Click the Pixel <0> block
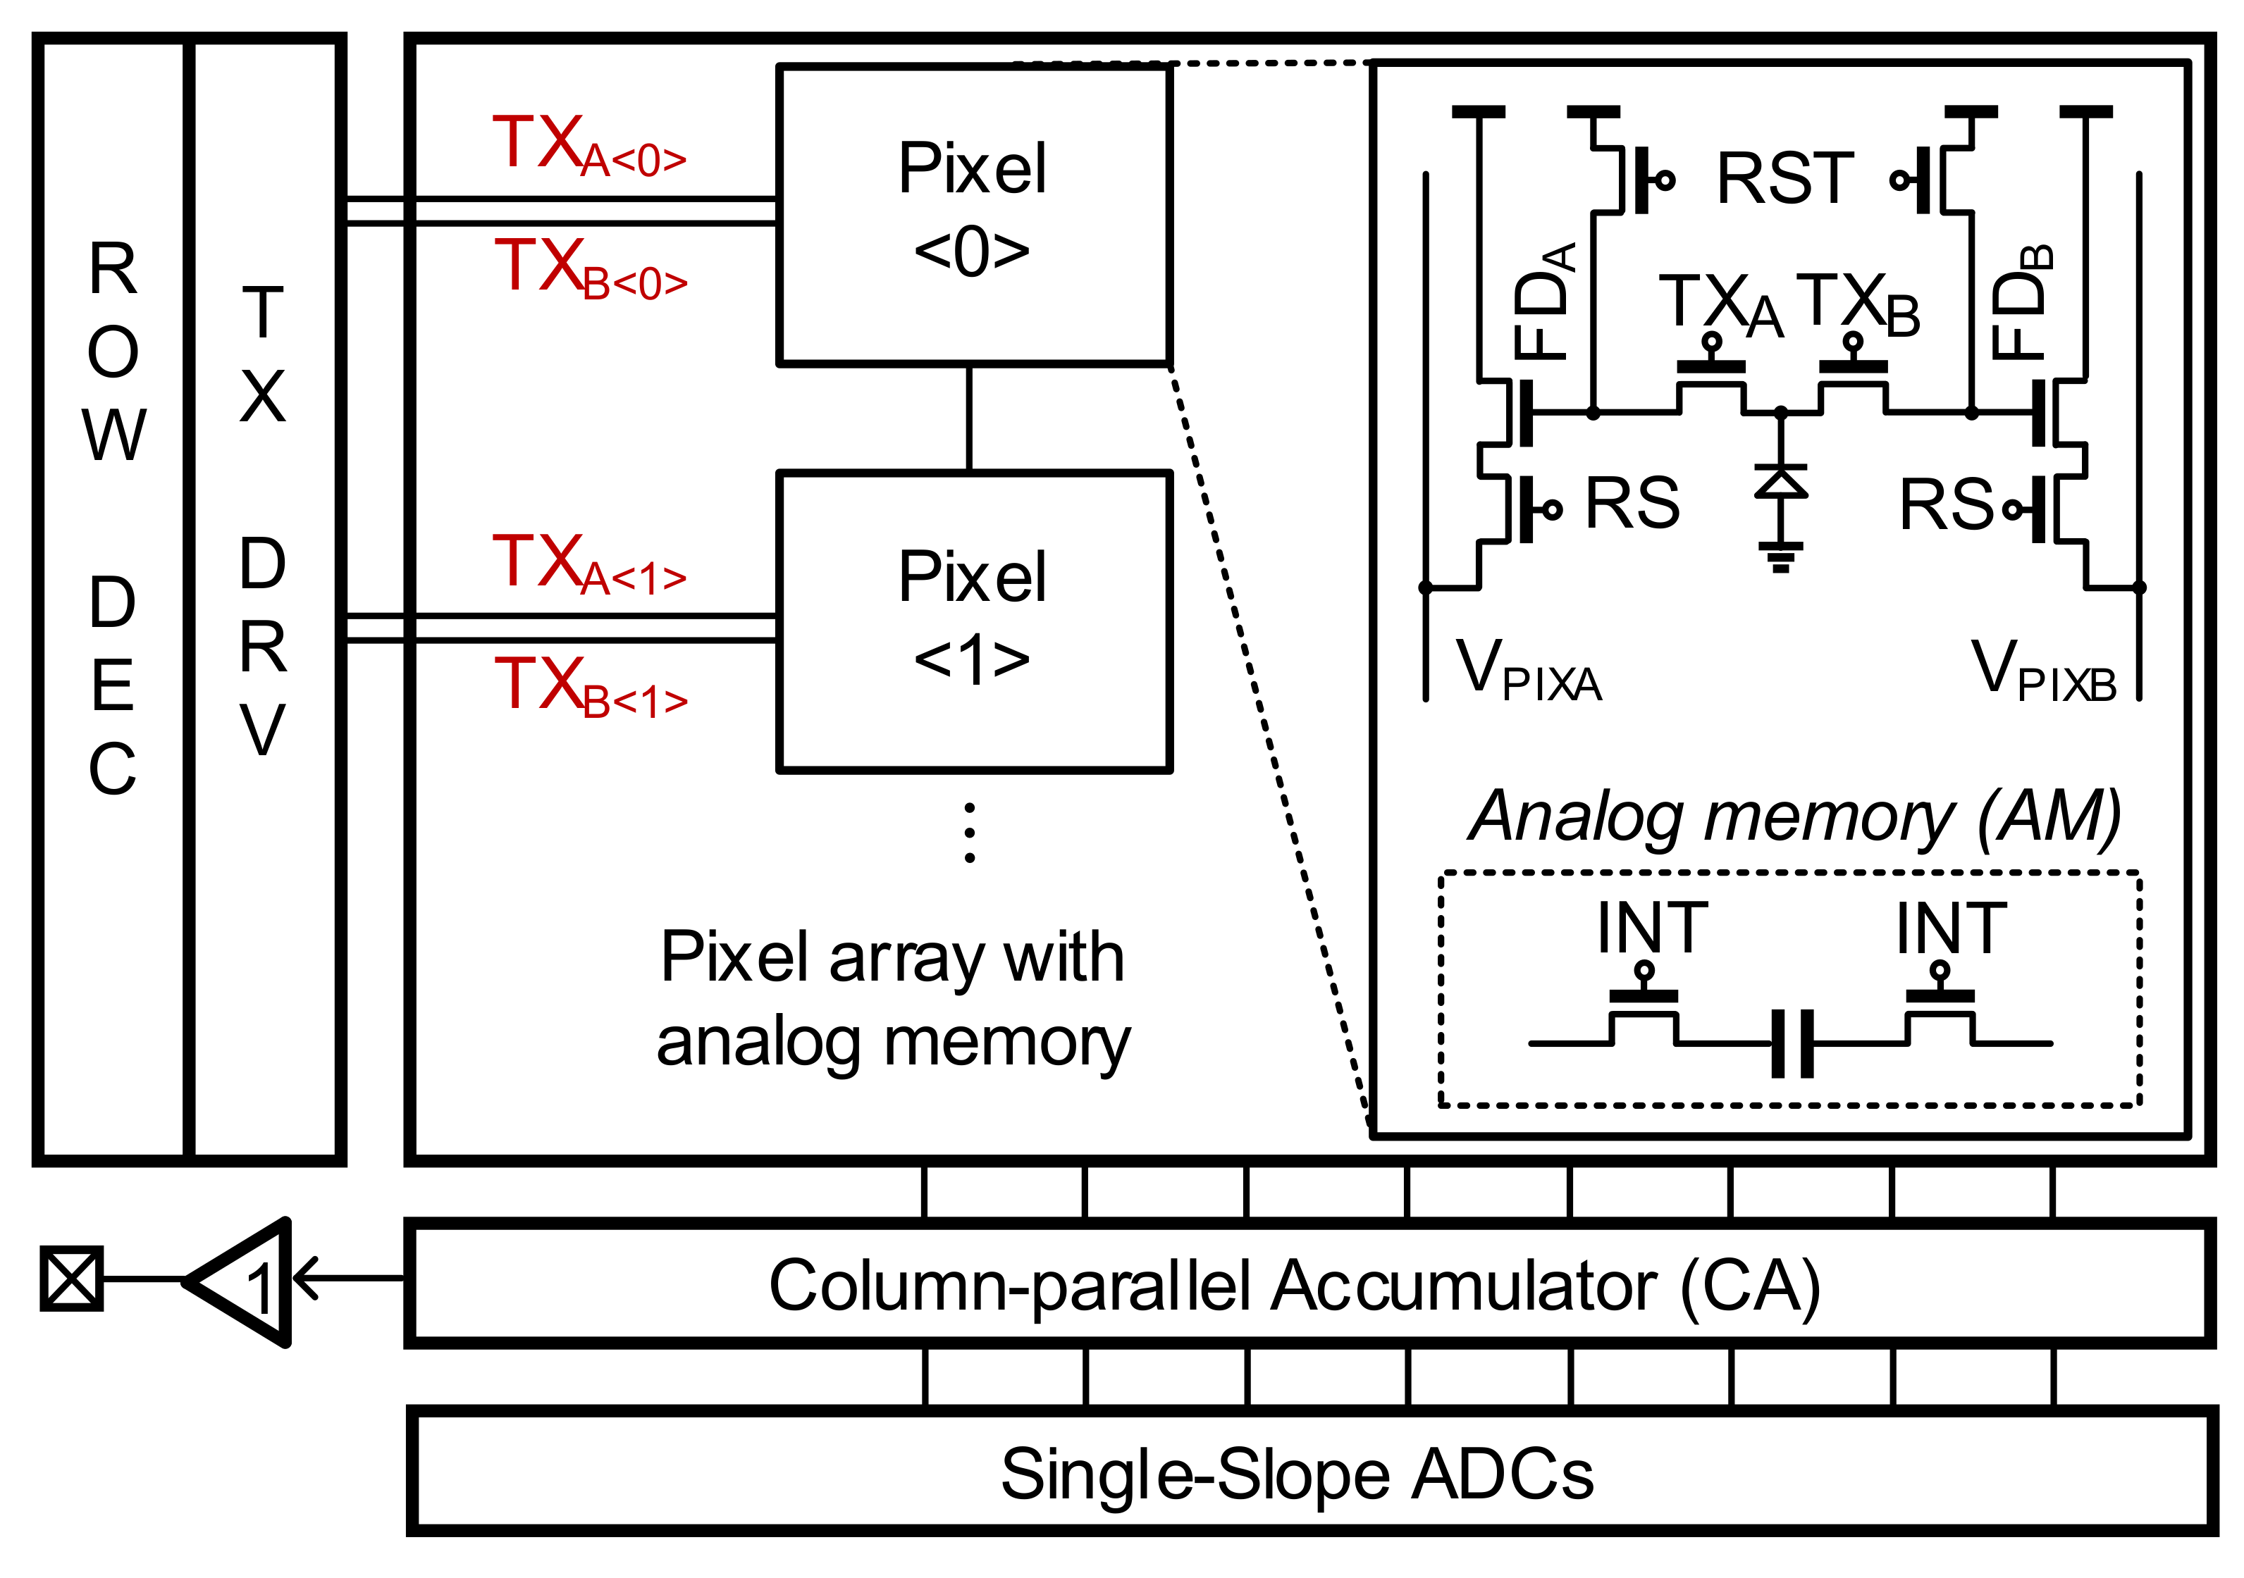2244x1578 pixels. click(x=973, y=215)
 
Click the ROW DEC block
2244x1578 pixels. click(x=111, y=518)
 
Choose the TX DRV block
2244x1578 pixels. click(x=264, y=518)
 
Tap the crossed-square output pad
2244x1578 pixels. click(x=71, y=1278)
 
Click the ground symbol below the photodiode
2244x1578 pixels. click(x=1781, y=557)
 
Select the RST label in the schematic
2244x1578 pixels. click(x=1784, y=180)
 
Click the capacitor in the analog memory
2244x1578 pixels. click(x=1792, y=1043)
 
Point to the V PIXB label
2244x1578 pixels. click(x=2042, y=671)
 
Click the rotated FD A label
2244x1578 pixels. click(x=1544, y=303)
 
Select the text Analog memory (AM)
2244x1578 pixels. click(x=1794, y=817)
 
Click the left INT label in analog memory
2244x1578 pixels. click(x=1652, y=928)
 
